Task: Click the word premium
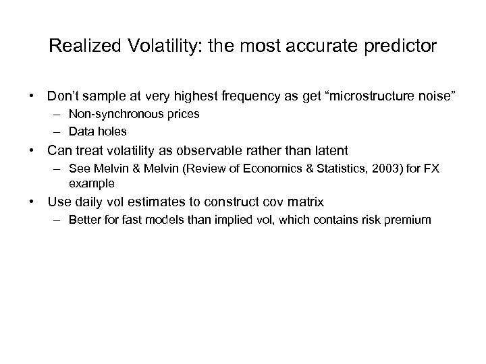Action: [x=408, y=220]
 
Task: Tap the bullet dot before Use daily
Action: [x=31, y=202]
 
